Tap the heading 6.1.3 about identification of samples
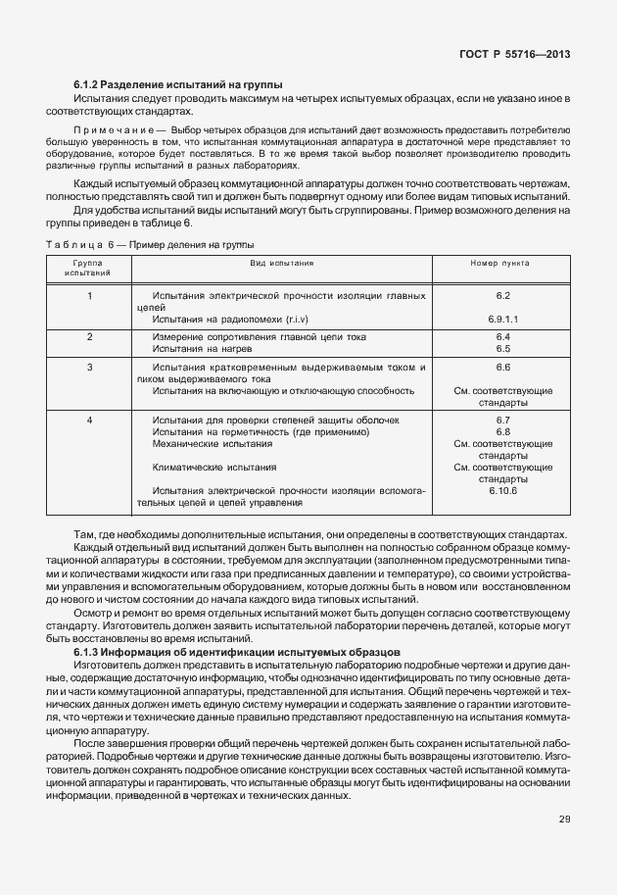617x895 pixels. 235,651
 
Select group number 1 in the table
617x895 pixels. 89,295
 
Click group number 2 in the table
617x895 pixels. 89,336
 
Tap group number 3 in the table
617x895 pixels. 89,367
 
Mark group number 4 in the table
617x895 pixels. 89,420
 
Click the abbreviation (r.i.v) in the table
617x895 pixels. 288,319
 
